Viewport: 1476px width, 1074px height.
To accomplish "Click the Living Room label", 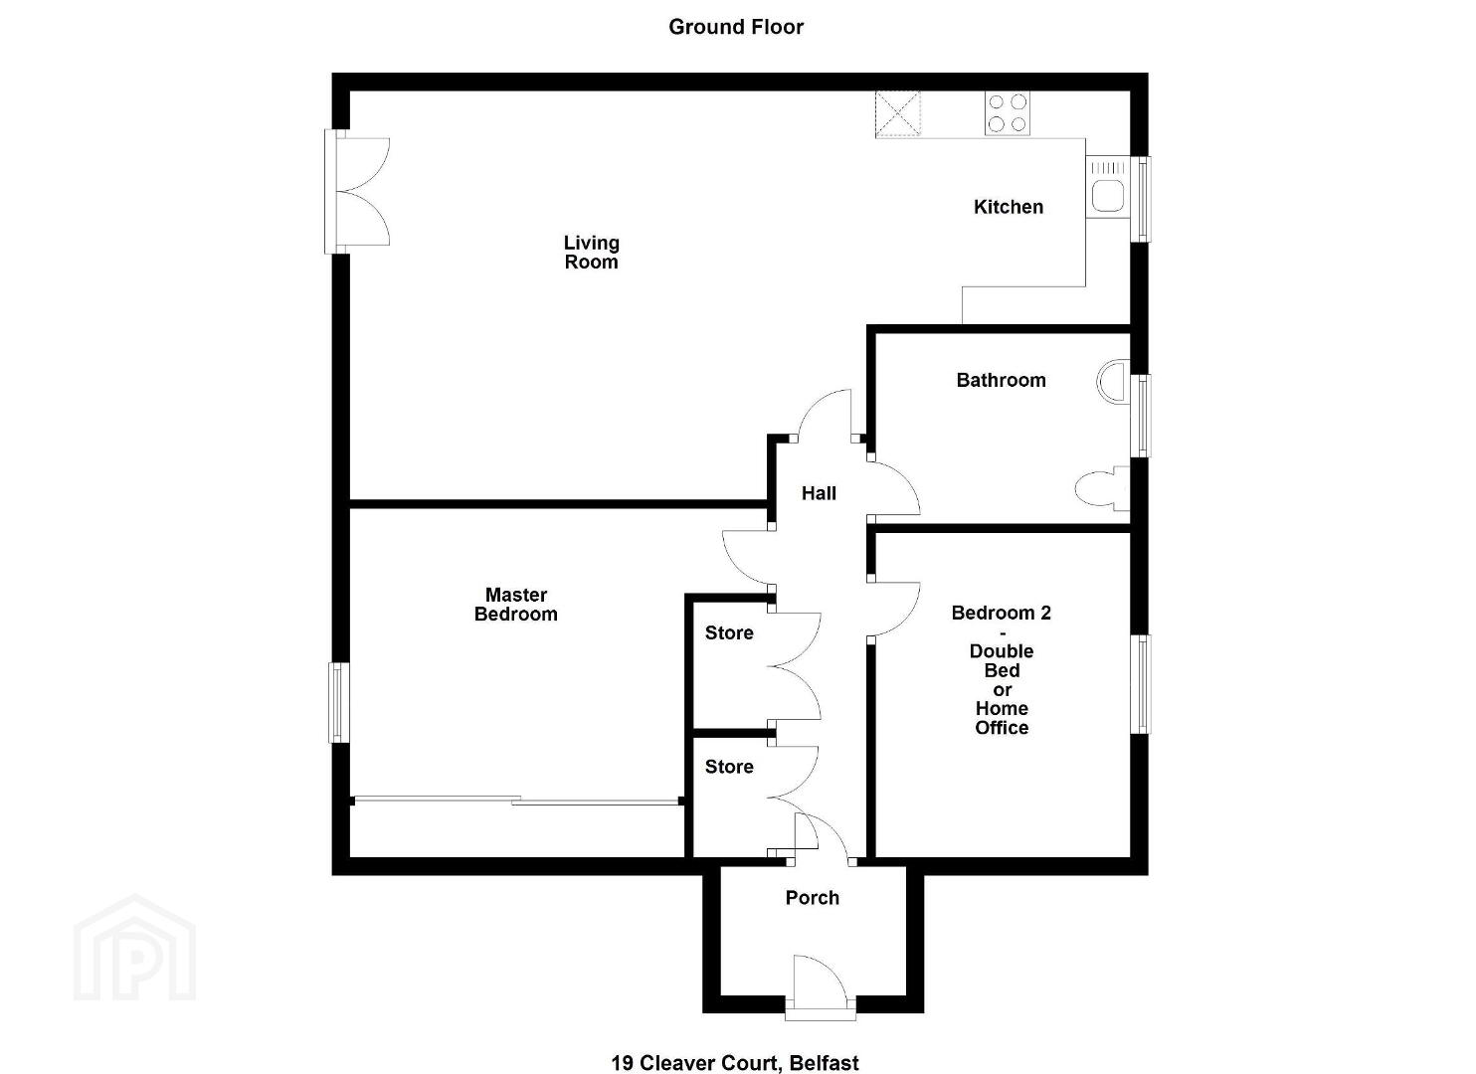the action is (x=591, y=253).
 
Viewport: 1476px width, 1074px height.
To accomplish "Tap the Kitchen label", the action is (x=1009, y=207).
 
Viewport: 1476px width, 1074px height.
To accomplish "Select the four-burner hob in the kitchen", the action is (x=1008, y=113).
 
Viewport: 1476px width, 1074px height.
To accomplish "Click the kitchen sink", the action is (x=1109, y=188).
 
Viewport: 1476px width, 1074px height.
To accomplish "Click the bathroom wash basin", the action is (x=1114, y=382).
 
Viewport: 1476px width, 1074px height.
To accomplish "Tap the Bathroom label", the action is (x=1001, y=380).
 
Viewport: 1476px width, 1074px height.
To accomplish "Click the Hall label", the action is (x=819, y=493).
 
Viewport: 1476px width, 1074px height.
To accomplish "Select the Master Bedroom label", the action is (x=516, y=605).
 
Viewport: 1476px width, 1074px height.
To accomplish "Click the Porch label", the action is (x=813, y=897).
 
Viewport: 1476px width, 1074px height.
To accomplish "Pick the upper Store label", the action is (x=729, y=632).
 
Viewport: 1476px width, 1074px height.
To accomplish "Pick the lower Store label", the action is (x=729, y=767).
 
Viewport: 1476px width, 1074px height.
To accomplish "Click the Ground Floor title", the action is (x=736, y=27).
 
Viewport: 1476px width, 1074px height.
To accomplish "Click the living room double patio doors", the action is (x=357, y=192).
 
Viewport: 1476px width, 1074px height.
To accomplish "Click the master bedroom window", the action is (x=339, y=702).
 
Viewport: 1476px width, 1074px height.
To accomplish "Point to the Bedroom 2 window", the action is (x=1141, y=684).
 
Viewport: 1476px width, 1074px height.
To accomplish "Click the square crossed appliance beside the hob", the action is (x=897, y=114).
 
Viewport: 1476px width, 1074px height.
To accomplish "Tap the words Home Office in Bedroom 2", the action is (x=1002, y=718).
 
